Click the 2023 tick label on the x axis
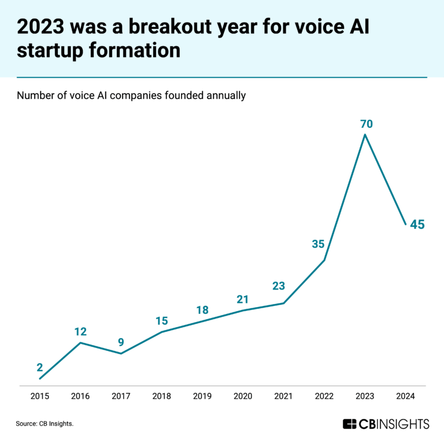coord(365,396)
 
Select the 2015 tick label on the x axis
coord(40,396)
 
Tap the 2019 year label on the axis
coord(202,396)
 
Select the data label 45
coord(417,224)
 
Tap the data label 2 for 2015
coord(40,367)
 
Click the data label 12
coord(80,332)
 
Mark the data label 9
coord(121,342)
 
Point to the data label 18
coord(202,310)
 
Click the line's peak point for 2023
coord(365,135)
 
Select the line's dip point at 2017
coord(121,353)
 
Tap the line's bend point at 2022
coord(324,260)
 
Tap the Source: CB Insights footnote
coord(45,424)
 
